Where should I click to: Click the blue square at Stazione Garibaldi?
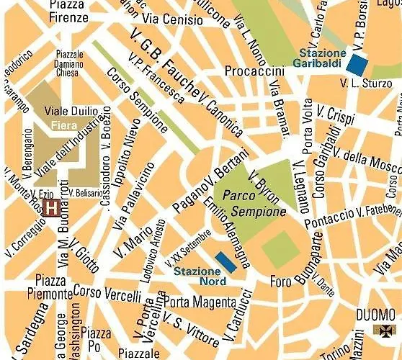(x=354, y=63)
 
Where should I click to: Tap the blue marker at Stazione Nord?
(x=226, y=262)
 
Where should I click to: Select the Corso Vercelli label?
(x=107, y=294)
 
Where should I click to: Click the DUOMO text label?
(x=376, y=315)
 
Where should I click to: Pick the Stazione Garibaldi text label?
(x=322, y=57)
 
